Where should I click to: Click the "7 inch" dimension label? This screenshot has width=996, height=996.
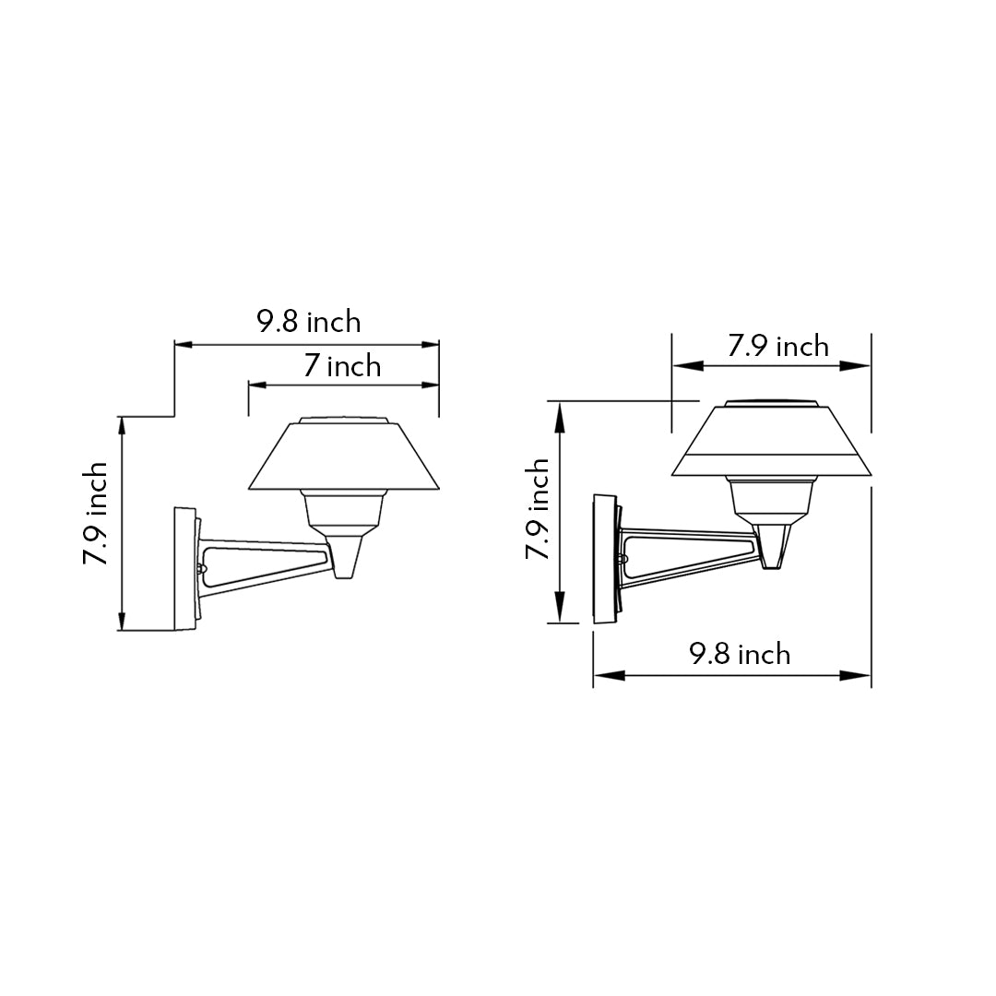(x=342, y=366)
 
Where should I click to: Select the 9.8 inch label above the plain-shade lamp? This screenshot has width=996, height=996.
(x=308, y=322)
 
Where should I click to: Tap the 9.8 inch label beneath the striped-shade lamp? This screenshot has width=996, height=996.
(x=740, y=654)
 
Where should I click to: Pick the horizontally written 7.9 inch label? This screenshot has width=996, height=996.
(x=777, y=346)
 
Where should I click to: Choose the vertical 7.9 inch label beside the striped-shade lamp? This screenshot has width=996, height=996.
(x=537, y=509)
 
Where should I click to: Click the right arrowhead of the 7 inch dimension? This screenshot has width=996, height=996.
(x=430, y=385)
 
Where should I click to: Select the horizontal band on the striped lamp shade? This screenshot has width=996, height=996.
(x=771, y=466)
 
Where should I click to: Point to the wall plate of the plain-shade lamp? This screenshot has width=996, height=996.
(x=185, y=567)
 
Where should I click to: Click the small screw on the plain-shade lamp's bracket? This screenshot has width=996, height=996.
(x=200, y=569)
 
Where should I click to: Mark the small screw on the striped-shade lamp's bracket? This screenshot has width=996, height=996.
(x=624, y=559)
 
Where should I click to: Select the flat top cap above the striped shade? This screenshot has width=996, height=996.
(x=771, y=403)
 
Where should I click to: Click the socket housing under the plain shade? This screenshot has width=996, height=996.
(x=343, y=509)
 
